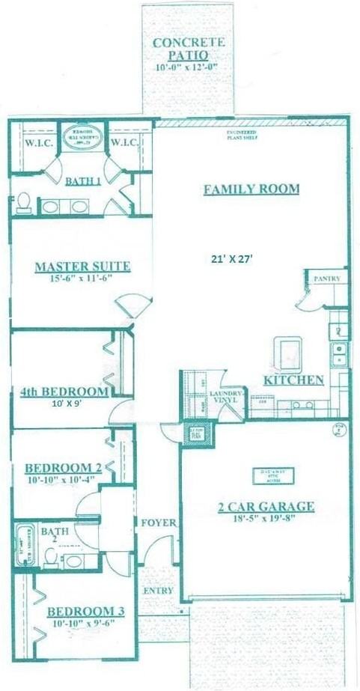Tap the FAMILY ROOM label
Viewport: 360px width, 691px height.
pyautogui.click(x=251, y=189)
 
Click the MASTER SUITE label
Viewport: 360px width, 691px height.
pyautogui.click(x=82, y=266)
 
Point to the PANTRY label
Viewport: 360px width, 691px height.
pyautogui.click(x=328, y=278)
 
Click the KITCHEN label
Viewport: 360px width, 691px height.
pyautogui.click(x=293, y=380)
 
